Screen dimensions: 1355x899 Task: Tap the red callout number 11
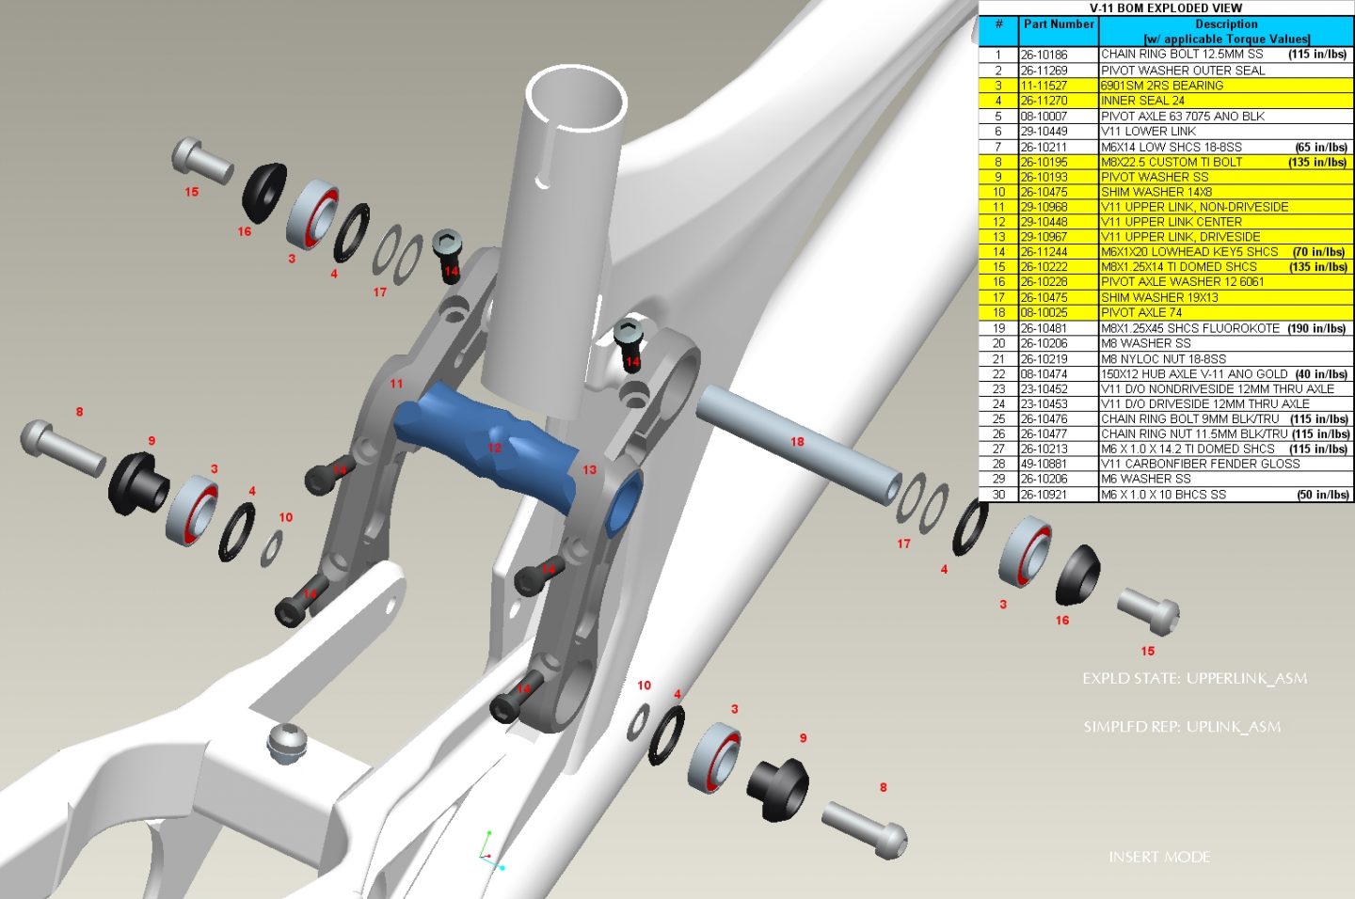(396, 384)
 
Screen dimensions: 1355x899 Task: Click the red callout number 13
(589, 469)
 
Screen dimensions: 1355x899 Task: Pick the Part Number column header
(1059, 24)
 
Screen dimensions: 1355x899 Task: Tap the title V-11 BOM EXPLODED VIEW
(1165, 8)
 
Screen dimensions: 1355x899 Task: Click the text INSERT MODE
(1159, 857)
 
